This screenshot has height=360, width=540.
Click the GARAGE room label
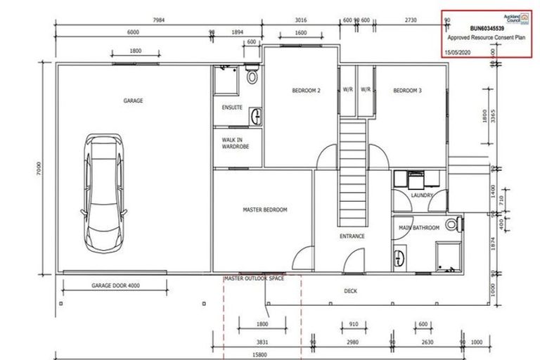pyautogui.click(x=133, y=101)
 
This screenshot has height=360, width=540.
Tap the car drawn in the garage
pyautogui.click(x=103, y=191)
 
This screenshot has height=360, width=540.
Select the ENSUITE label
pyautogui.click(x=232, y=108)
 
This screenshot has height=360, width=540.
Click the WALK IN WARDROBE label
pyautogui.click(x=232, y=144)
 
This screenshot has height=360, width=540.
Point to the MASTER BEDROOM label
pyautogui.click(x=264, y=210)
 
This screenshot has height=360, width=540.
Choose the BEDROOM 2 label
pyautogui.click(x=307, y=90)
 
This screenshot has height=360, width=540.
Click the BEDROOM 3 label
pyautogui.click(x=407, y=90)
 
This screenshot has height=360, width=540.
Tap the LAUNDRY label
pyautogui.click(x=421, y=195)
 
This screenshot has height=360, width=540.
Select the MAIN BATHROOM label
pyautogui.click(x=419, y=228)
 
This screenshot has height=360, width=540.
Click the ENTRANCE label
pyautogui.click(x=352, y=236)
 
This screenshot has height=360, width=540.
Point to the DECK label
pyautogui.click(x=351, y=290)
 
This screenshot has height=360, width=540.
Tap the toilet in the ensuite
pyautogui.click(x=252, y=76)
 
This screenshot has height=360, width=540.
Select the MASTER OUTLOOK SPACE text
pyautogui.click(x=254, y=278)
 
